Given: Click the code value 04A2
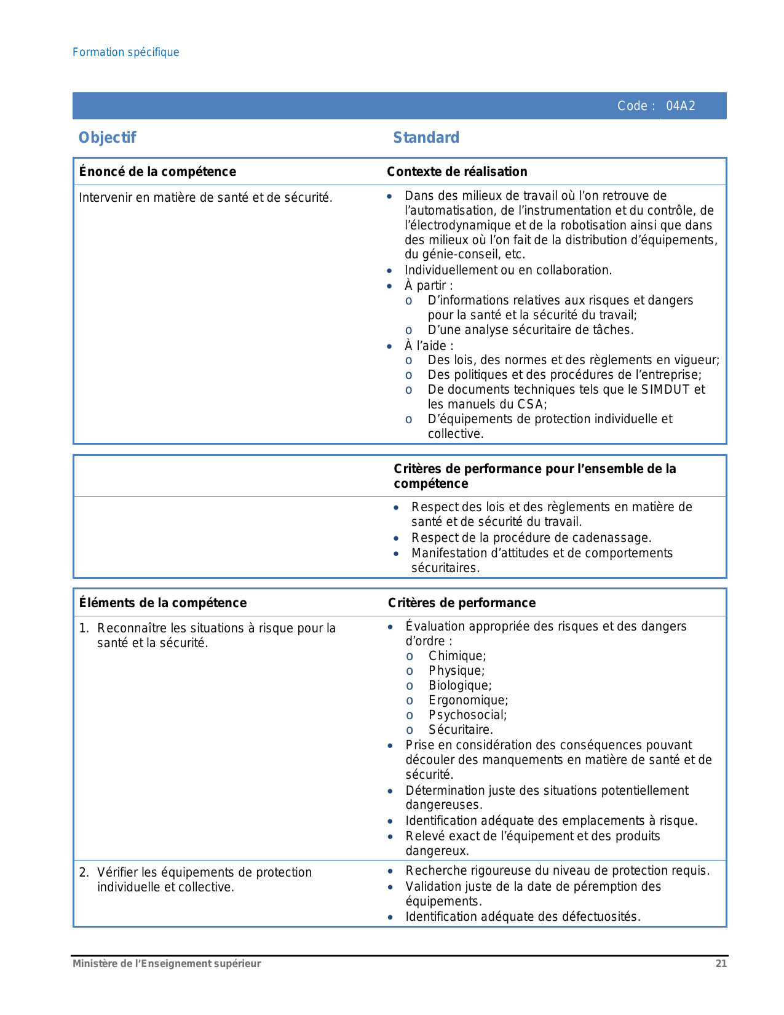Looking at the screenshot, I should [x=681, y=106].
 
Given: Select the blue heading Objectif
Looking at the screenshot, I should [x=107, y=138].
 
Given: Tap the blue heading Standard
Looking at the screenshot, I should [x=426, y=138].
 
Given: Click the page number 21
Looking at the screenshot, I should [x=721, y=964].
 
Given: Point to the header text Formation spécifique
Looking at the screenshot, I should [x=126, y=52].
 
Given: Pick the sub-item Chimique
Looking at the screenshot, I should [x=457, y=656].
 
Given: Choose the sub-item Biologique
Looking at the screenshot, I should [x=460, y=685].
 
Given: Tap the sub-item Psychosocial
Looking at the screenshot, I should [x=467, y=715].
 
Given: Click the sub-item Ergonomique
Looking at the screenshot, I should [x=468, y=700].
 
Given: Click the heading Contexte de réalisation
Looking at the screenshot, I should [x=457, y=172].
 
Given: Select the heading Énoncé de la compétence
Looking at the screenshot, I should [x=157, y=172].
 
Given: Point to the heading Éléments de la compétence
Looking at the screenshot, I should [x=163, y=603].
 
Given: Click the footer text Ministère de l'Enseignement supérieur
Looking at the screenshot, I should [x=167, y=964].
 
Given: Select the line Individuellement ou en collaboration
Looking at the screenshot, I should [x=508, y=270].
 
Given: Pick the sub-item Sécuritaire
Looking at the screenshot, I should [x=461, y=730].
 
